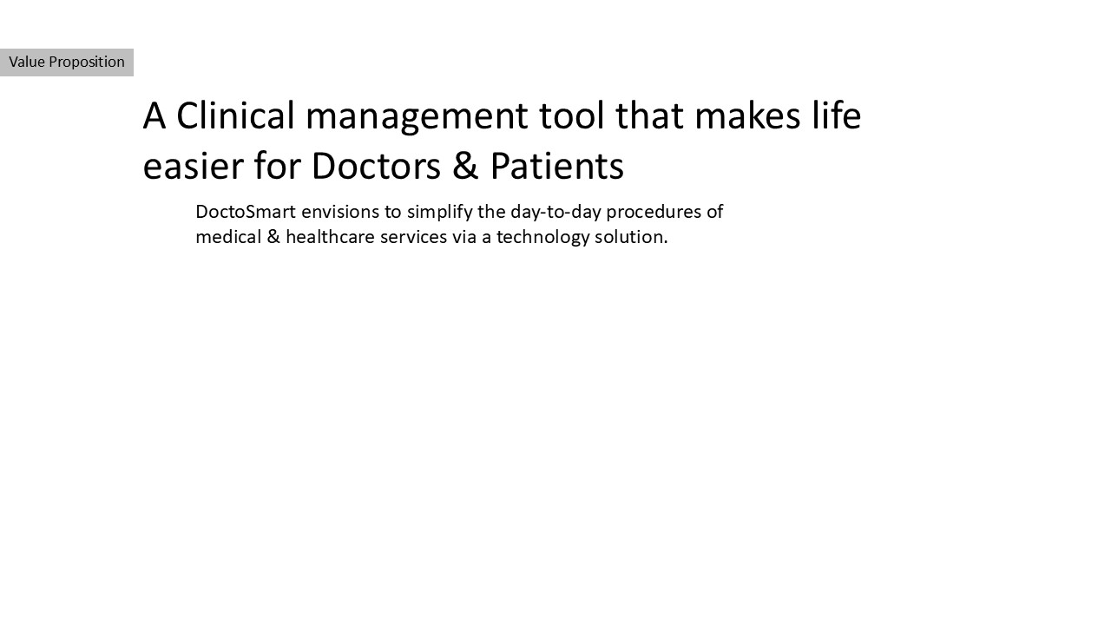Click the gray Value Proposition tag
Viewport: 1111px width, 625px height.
point(67,62)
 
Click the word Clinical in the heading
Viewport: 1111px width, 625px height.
point(235,115)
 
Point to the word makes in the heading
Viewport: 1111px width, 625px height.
point(747,115)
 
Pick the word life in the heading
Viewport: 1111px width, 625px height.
point(836,115)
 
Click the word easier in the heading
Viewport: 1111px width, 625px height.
point(193,166)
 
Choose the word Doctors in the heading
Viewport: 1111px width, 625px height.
point(376,166)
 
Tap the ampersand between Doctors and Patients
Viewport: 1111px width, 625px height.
point(465,166)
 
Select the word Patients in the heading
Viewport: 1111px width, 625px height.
point(557,166)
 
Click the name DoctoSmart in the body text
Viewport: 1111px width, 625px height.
point(246,212)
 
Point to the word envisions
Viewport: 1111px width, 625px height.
point(341,213)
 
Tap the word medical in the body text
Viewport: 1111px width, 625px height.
point(228,237)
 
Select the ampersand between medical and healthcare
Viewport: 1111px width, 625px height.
point(273,238)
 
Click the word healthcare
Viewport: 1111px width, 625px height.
point(331,237)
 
